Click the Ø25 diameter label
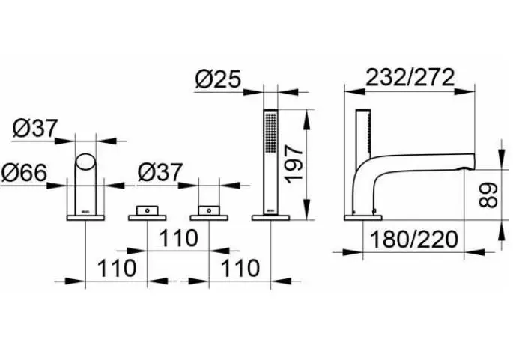pyautogui.click(x=218, y=79)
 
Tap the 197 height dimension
pyautogui.click(x=294, y=165)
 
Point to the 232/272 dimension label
pyautogui.click(x=410, y=77)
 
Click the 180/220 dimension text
pyautogui.click(x=414, y=239)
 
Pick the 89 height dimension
pyautogui.click(x=488, y=195)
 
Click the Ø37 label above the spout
pyautogui.click(x=35, y=128)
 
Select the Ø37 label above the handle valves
pyautogui.click(x=160, y=172)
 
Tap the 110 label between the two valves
pyautogui.click(x=178, y=238)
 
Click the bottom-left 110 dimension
pyautogui.click(x=117, y=268)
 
